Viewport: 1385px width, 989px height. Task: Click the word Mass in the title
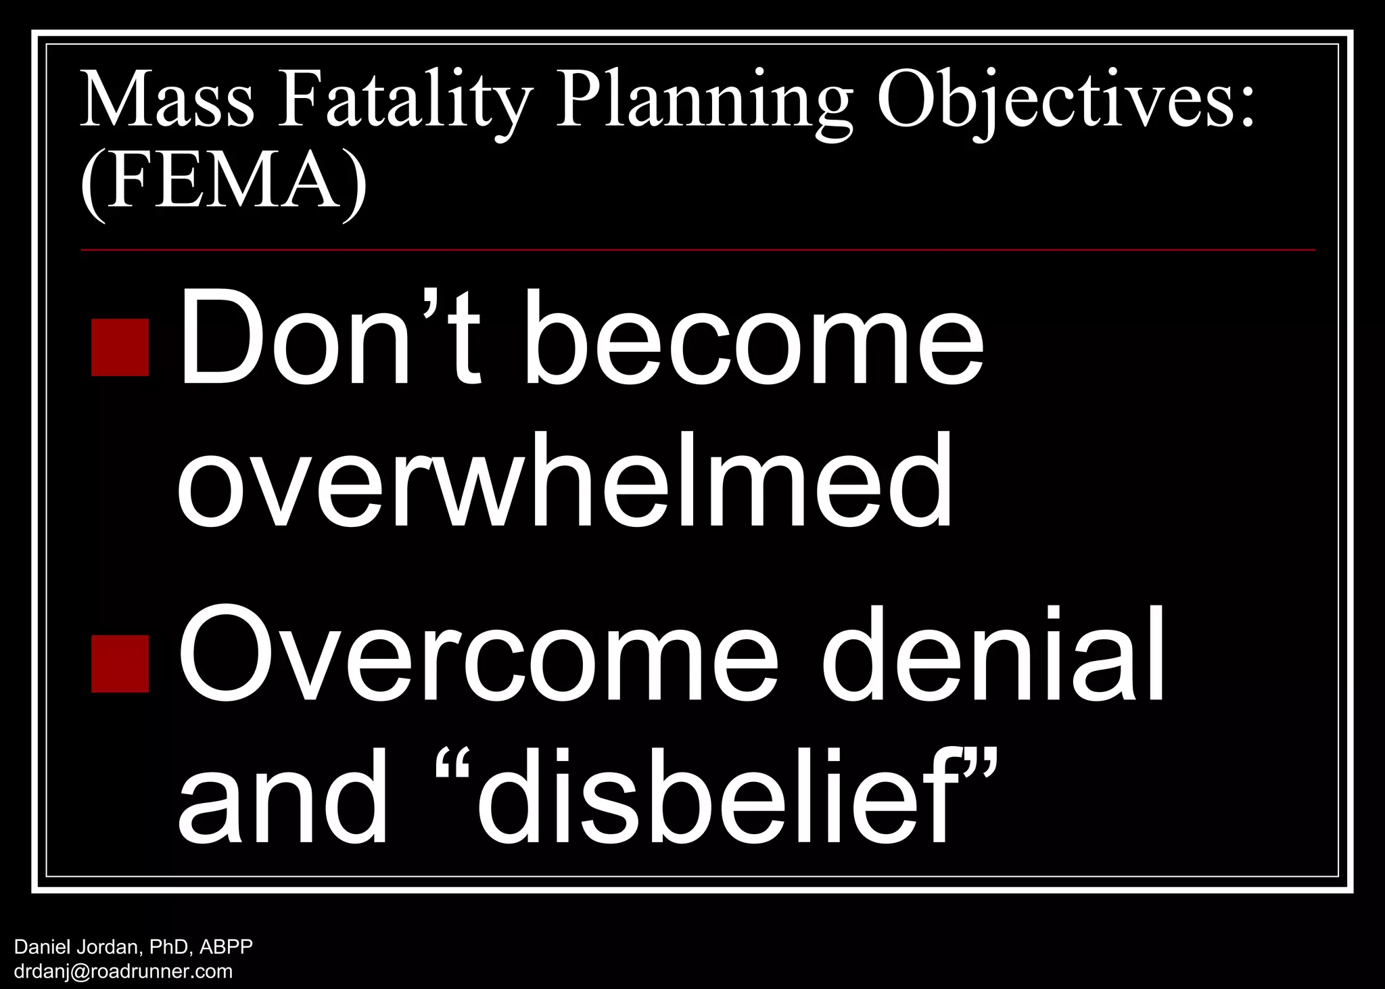click(x=167, y=101)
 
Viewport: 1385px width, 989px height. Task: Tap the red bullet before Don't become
click(x=120, y=347)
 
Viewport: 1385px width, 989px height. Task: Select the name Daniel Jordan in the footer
click(x=77, y=946)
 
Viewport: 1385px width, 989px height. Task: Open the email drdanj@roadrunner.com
click(x=123, y=972)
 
